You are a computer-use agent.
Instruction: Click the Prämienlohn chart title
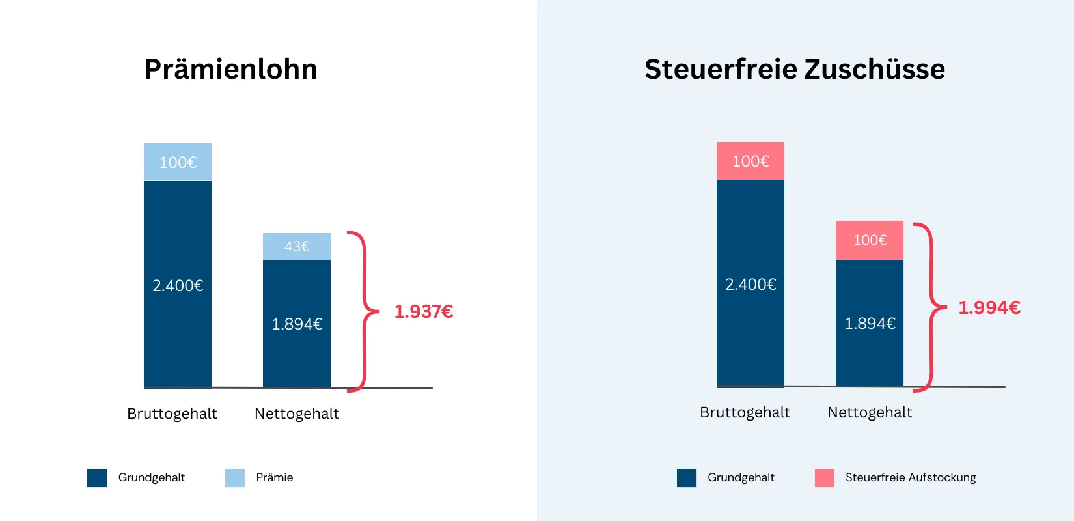(x=230, y=70)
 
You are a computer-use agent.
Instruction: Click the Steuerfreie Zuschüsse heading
(x=794, y=70)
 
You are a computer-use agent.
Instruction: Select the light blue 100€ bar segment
(x=178, y=162)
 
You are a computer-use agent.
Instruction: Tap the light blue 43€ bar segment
(x=297, y=247)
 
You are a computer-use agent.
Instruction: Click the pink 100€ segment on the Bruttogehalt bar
(x=750, y=161)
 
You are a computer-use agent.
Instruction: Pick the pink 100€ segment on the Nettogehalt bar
(x=870, y=240)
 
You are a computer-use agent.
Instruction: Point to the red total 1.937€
(x=424, y=312)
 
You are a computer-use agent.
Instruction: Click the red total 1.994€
(x=989, y=307)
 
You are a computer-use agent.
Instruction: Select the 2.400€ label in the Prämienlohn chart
(x=178, y=286)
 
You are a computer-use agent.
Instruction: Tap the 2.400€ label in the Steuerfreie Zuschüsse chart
(x=750, y=285)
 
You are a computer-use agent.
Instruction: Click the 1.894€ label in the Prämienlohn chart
(x=297, y=324)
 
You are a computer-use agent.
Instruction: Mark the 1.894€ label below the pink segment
(x=870, y=324)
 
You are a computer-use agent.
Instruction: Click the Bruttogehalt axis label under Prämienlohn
(x=172, y=414)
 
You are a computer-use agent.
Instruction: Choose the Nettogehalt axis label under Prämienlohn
(x=297, y=414)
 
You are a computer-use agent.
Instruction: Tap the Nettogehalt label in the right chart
(x=870, y=413)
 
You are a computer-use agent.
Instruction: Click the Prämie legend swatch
(x=235, y=478)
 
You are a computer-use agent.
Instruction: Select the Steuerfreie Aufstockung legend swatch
(x=825, y=478)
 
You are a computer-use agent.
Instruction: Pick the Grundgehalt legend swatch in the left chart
(x=97, y=478)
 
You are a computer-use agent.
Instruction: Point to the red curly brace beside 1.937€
(x=365, y=311)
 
